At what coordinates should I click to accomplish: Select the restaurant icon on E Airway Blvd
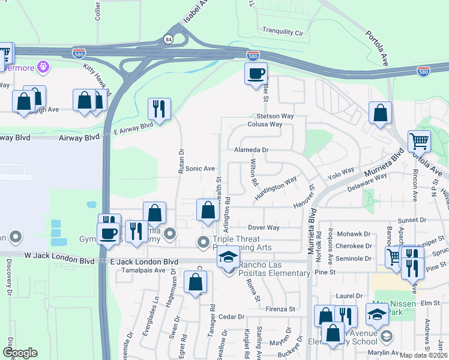pos(159,109)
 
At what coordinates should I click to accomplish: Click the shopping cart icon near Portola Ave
pos(419,142)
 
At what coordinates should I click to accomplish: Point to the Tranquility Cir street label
pos(284,31)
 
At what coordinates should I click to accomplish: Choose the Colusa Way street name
pos(265,124)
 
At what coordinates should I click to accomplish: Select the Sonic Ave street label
pos(200,169)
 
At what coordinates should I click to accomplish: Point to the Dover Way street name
pos(264,228)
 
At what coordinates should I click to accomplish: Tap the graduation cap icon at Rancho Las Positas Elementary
pos(228,256)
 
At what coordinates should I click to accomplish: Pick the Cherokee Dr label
pos(355,246)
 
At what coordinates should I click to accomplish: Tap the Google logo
pos(20,353)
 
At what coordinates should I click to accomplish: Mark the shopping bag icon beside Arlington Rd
pos(208,211)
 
